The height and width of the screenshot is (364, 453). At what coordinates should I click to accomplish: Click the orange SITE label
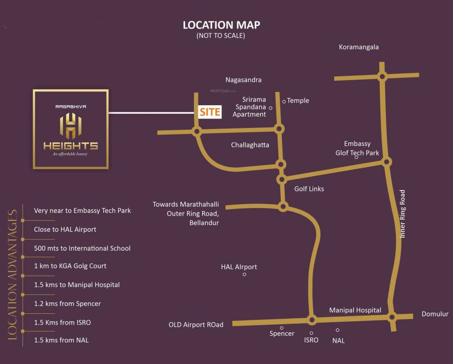[210, 112]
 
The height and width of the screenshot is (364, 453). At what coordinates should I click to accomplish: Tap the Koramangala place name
[359, 47]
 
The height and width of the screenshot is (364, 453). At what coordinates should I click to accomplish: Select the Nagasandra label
[243, 80]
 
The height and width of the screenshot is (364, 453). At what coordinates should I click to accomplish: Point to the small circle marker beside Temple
[284, 101]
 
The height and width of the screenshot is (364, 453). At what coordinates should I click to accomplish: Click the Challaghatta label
[250, 145]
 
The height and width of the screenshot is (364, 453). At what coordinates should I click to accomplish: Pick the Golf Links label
[309, 189]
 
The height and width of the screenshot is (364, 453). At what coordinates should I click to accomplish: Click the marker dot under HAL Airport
[244, 274]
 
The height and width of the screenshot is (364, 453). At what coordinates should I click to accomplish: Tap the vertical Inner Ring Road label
[403, 214]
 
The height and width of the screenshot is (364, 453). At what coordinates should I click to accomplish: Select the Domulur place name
[435, 314]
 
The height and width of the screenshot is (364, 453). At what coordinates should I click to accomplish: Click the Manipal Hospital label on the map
[355, 310]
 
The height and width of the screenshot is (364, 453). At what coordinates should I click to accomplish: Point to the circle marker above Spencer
[282, 328]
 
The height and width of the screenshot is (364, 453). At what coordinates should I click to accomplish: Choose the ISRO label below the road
[311, 340]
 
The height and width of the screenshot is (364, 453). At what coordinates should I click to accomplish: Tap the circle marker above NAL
[338, 330]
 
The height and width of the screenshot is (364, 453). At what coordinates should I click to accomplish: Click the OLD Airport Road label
[196, 325]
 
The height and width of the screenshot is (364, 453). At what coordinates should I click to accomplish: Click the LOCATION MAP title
[221, 25]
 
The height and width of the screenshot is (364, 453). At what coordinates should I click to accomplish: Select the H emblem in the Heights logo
[71, 126]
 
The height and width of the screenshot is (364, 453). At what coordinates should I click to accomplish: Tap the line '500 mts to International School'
[82, 248]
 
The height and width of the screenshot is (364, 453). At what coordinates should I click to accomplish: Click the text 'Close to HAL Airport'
[65, 229]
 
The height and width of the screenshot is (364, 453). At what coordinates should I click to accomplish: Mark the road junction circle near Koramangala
[382, 76]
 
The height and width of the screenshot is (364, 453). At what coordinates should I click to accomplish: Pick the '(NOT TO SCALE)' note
[221, 36]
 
